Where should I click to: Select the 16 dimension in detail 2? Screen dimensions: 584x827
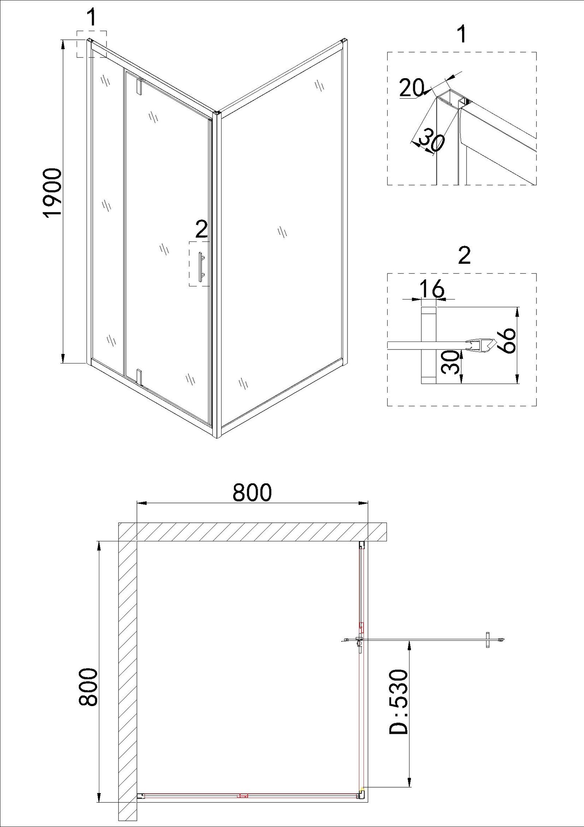click(433, 289)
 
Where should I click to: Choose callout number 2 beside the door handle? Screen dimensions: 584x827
click(201, 230)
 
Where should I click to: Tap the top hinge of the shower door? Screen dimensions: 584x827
click(140, 85)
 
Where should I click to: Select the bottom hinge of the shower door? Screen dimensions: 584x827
click(139, 377)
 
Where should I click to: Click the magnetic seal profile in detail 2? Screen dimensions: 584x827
click(481, 346)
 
